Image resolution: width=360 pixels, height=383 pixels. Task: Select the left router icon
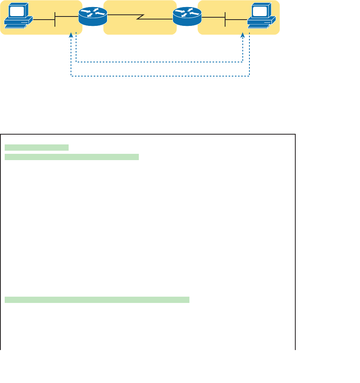coord(93,17)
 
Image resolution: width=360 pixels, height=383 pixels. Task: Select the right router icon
coord(187,17)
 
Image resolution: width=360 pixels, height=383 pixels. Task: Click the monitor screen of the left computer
coord(16,11)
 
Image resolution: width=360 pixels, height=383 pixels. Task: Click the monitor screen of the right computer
coord(259,11)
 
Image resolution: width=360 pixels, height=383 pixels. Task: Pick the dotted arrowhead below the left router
coord(71,35)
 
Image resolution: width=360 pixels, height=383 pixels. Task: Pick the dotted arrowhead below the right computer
coord(243,35)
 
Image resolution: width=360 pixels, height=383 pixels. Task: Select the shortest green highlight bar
coord(36,148)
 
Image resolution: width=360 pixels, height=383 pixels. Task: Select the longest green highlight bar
coord(97,300)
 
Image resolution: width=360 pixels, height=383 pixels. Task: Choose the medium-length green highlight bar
coord(72,157)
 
